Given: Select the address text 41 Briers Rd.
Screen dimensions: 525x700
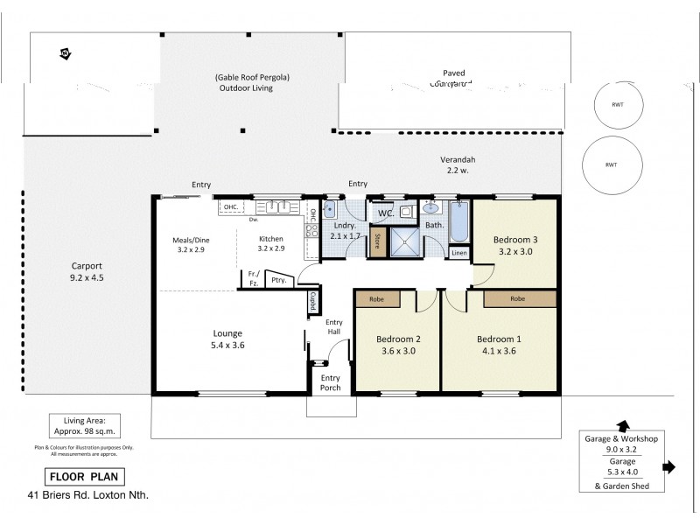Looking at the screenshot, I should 87,496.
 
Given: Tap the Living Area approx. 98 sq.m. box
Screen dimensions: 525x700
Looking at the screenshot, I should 85,426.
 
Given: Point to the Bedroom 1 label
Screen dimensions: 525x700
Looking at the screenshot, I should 500,339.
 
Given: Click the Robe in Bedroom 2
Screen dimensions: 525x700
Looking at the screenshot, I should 377,297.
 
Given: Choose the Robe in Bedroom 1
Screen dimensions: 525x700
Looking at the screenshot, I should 519,298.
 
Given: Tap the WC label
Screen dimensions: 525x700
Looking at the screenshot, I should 385,213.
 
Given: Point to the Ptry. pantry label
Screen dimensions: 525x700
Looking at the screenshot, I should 279,280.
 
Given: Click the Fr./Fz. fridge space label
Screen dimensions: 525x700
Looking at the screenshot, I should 251,278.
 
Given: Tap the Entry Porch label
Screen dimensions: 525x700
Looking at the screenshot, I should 330,383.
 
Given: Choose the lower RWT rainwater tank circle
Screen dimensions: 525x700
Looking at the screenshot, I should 611,164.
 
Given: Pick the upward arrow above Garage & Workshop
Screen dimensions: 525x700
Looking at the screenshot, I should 622,423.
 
